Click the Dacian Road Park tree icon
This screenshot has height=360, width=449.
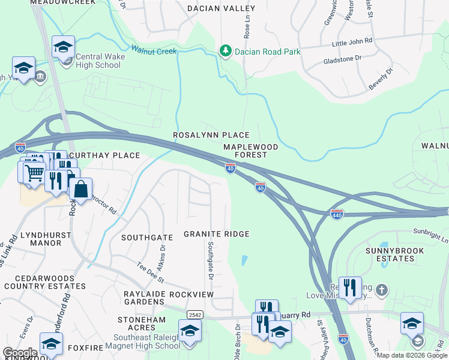(226, 51)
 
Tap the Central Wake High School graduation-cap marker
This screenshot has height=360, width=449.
(63, 46)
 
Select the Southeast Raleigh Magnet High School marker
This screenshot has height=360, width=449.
(190, 331)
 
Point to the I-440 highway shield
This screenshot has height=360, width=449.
(337, 214)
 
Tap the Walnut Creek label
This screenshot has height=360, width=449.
(154, 51)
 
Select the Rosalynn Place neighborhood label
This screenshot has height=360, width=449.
(211, 135)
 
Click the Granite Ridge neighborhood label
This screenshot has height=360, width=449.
(216, 234)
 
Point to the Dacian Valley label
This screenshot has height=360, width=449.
(221, 8)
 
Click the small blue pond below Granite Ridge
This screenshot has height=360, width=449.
(245, 260)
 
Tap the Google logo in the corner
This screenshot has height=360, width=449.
(20, 353)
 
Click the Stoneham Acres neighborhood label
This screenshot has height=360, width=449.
(142, 324)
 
